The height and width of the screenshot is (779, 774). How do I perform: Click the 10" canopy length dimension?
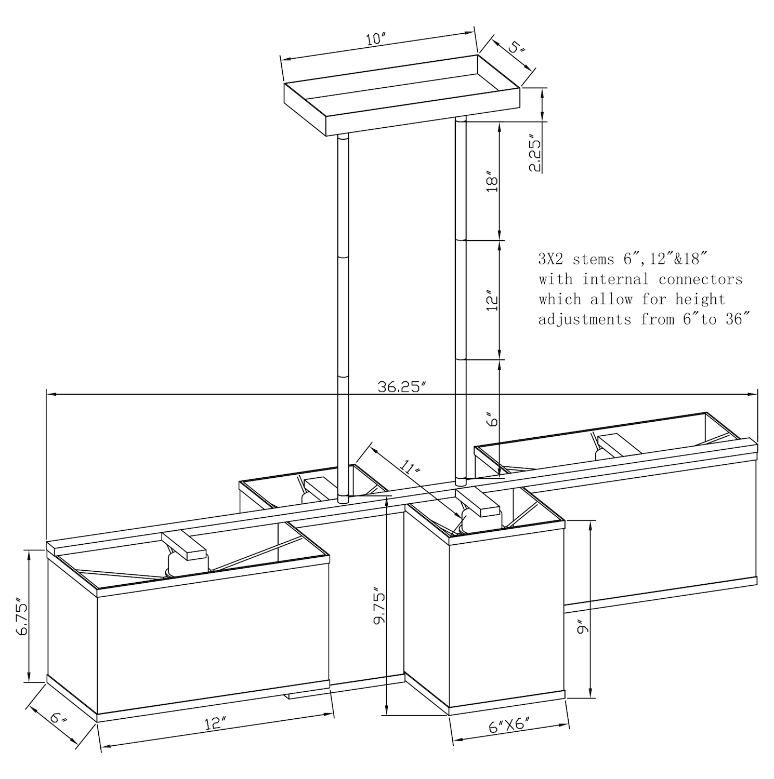click(x=376, y=39)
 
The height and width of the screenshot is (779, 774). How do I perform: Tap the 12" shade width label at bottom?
click(x=215, y=723)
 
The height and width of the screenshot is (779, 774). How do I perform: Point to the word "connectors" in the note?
click(x=701, y=279)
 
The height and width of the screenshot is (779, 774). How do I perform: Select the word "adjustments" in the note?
click(x=585, y=319)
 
